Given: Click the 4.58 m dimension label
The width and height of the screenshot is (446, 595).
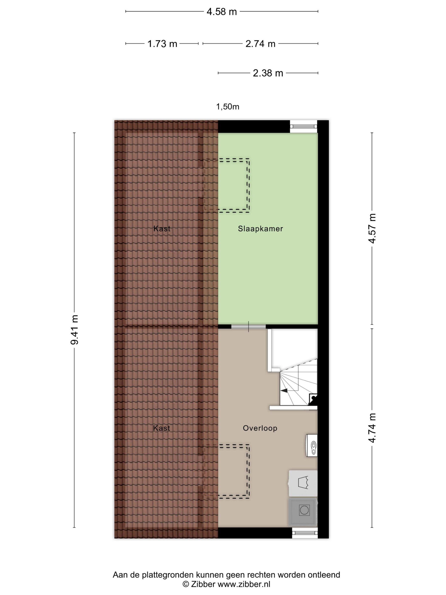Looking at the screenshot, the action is pyautogui.click(x=222, y=12).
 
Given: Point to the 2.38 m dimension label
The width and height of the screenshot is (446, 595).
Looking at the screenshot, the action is pyautogui.click(x=268, y=73).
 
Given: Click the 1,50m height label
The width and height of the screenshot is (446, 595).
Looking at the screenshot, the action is pyautogui.click(x=228, y=107).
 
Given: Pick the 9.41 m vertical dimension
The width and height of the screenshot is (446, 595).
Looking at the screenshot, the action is pyautogui.click(x=75, y=330).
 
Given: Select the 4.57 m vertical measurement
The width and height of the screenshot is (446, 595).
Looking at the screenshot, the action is pyautogui.click(x=372, y=228).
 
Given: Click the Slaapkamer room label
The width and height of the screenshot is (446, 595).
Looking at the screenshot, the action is pyautogui.click(x=260, y=229).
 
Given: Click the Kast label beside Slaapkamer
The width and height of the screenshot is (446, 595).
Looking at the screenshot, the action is pyautogui.click(x=162, y=229).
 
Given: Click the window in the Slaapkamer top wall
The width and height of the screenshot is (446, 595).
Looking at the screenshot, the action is pyautogui.click(x=303, y=126).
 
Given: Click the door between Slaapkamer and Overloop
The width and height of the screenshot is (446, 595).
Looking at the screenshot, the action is pyautogui.click(x=248, y=327).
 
